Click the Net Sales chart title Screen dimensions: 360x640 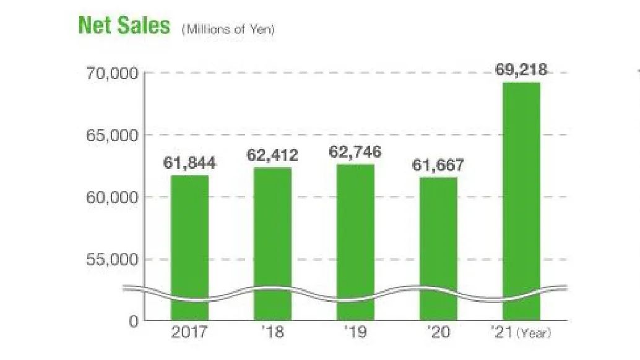(x=124, y=25)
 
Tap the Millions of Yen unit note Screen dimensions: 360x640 (x=228, y=28)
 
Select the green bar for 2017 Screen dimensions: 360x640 (x=189, y=247)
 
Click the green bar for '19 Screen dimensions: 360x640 (x=355, y=241)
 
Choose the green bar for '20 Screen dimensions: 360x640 (x=438, y=247)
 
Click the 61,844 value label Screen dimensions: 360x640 (x=189, y=163)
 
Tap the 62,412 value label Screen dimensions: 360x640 (x=272, y=155)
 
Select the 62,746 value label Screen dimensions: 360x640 (x=355, y=152)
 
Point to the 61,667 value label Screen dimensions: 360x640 (x=438, y=166)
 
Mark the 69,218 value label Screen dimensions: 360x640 (x=521, y=70)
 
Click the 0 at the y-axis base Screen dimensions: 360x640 (x=134, y=321)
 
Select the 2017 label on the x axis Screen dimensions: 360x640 (x=189, y=332)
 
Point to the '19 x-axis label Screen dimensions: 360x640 (x=355, y=332)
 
